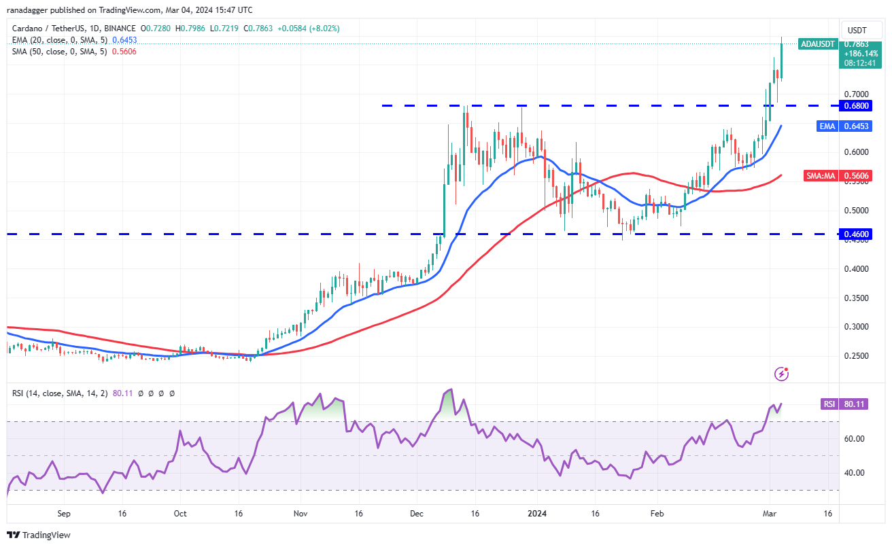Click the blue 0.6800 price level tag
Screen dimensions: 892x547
tap(855, 106)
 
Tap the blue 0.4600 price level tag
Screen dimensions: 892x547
tap(855, 234)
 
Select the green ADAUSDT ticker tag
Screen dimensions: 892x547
tap(818, 43)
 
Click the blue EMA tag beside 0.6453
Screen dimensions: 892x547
tap(827, 126)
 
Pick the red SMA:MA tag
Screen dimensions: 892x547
tap(821, 175)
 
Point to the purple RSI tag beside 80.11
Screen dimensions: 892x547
tap(829, 404)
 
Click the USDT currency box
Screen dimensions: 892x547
tap(857, 31)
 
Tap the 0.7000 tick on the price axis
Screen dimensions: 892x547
tap(856, 94)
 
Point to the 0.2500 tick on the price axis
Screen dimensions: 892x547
tap(856, 356)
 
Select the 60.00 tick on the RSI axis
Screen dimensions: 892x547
tap(854, 439)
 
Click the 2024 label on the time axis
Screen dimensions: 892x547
tap(537, 514)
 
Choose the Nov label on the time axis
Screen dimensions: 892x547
tap(301, 514)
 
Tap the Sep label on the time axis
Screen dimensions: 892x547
tap(64, 514)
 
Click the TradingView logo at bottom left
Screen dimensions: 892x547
tap(39, 535)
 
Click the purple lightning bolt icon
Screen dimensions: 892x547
tap(781, 374)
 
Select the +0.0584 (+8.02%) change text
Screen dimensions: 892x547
tap(309, 29)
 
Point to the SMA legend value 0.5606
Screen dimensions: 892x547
tap(124, 52)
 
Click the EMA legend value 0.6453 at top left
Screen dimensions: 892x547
tap(124, 40)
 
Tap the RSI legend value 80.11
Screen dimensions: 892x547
tap(122, 393)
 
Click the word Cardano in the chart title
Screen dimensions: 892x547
tap(27, 29)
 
